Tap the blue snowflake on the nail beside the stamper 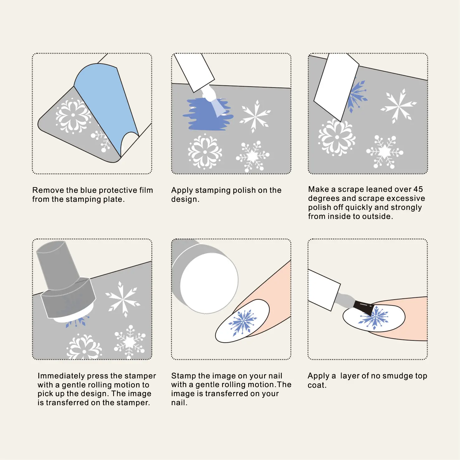click(243, 322)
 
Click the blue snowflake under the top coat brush click(374, 318)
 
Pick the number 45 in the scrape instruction click(418, 189)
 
